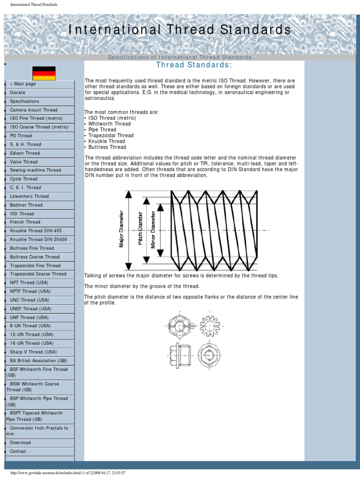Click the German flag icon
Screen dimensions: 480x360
pos(44,73)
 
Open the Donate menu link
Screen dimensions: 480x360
pos(18,93)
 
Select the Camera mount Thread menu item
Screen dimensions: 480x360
pos(34,110)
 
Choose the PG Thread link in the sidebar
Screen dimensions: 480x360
pos(21,136)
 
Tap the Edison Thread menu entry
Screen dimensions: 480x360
pos(25,153)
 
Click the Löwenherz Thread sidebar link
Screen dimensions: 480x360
pos(29,196)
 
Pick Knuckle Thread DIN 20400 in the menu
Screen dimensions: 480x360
pos(38,240)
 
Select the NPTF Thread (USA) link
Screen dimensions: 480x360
pos(30,291)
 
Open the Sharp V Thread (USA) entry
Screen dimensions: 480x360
pos(33,352)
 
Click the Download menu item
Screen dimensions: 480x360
pos(20,442)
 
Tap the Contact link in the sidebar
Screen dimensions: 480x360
pos(18,451)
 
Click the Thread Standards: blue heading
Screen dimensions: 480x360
pos(194,64)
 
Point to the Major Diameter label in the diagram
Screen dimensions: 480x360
pos(122,229)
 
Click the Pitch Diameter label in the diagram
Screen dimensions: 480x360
pos(139,228)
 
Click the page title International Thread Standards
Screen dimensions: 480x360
pos(180,30)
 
